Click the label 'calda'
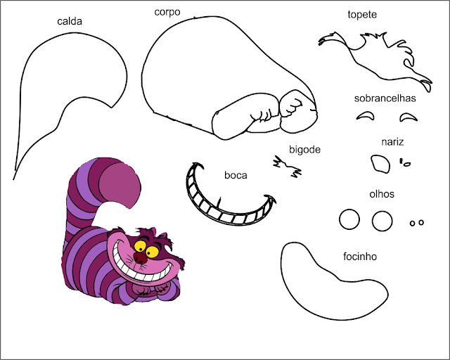click(70, 21)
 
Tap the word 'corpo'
click(167, 12)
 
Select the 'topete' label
click(362, 14)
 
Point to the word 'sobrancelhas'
click(385, 98)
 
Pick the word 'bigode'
click(304, 149)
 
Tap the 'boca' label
click(236, 175)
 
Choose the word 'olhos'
click(382, 193)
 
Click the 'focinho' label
click(360, 257)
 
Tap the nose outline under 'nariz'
click(380, 164)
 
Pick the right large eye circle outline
click(382, 221)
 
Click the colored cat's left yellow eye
click(141, 246)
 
